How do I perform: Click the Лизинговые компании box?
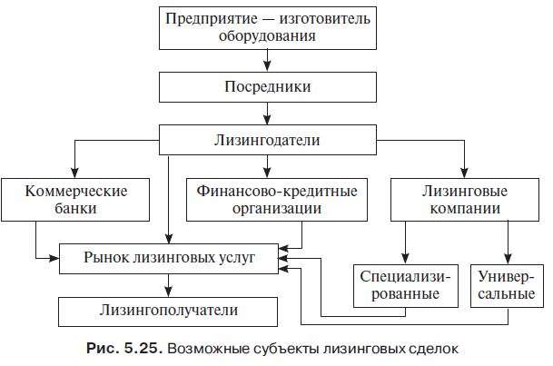click(x=462, y=200)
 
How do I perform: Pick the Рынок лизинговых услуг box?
click(x=170, y=259)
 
